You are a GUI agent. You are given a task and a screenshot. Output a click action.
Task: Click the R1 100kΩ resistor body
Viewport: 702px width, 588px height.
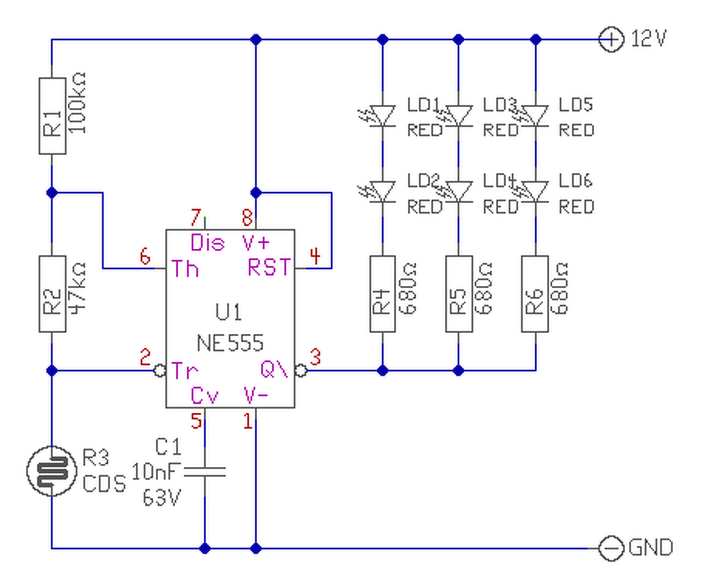(52, 116)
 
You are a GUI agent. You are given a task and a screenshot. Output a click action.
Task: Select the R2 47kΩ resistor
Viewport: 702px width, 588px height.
(52, 294)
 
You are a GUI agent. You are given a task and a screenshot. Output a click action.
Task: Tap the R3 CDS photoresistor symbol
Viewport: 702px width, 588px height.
(52, 471)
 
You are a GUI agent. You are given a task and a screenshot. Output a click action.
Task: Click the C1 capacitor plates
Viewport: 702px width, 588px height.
(205, 472)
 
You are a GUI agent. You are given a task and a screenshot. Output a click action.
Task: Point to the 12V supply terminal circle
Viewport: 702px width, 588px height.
(611, 40)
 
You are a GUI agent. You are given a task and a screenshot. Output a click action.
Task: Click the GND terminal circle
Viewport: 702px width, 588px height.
(611, 548)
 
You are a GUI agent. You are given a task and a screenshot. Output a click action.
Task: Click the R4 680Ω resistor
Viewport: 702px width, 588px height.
(383, 294)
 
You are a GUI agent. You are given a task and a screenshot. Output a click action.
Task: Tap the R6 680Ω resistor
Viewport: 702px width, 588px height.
(535, 294)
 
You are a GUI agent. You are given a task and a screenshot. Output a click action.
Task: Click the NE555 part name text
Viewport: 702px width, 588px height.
(230, 343)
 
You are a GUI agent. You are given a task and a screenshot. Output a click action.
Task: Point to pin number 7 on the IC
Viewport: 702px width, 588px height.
(196, 217)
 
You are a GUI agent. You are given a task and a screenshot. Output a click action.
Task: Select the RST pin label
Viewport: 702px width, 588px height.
(269, 267)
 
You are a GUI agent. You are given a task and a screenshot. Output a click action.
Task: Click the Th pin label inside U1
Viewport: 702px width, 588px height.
(185, 268)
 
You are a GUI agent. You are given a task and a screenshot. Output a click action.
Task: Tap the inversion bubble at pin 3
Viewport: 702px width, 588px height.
(301, 371)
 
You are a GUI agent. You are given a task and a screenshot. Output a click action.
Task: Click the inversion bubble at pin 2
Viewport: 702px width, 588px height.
(160, 371)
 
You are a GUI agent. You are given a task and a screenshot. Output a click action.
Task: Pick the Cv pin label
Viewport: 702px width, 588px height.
(205, 395)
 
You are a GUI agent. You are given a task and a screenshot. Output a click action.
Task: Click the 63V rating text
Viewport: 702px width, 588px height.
(162, 497)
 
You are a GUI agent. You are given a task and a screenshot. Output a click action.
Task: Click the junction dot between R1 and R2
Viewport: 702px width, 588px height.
(52, 193)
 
